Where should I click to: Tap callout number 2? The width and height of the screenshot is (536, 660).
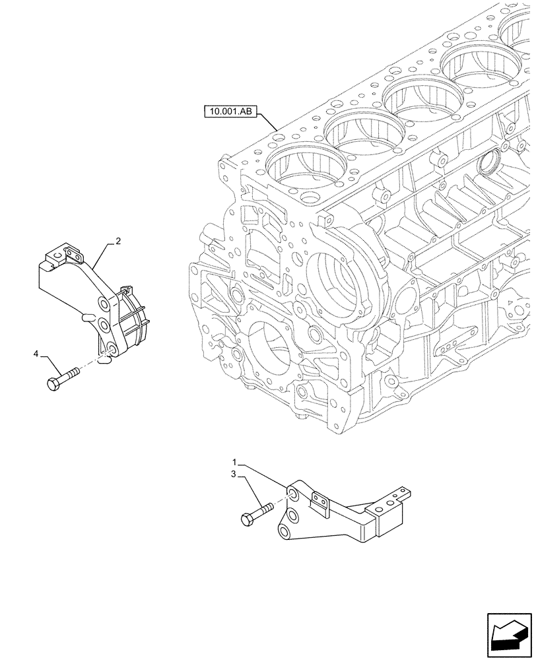117,242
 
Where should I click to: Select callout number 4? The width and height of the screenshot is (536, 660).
36,355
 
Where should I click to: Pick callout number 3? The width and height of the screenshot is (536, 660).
234,474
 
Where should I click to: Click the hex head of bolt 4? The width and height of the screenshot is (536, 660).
53,383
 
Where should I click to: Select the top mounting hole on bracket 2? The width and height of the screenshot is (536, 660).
103,303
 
